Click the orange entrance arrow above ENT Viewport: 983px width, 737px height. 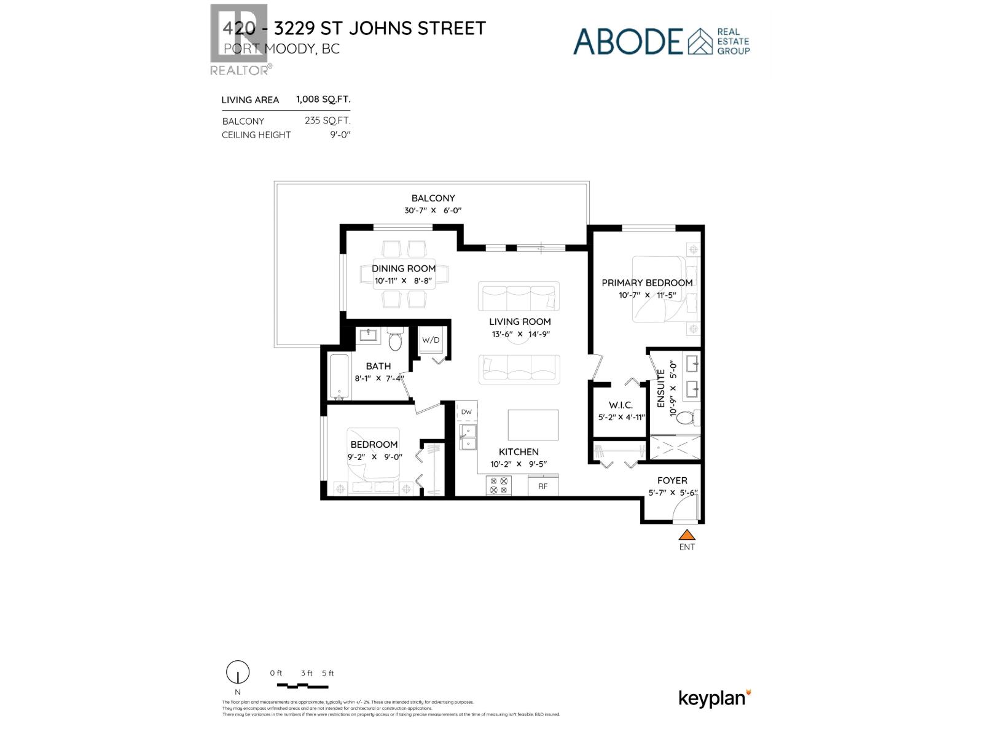point(687,534)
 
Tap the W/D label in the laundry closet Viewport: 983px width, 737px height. point(430,340)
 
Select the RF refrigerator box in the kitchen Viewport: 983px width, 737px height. point(543,486)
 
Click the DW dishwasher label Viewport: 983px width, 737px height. point(467,412)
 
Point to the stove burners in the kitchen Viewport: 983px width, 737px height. point(499,486)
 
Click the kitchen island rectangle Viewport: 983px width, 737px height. point(533,425)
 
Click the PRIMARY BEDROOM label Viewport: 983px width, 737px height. point(647,283)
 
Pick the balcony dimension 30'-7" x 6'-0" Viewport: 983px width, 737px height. point(433,211)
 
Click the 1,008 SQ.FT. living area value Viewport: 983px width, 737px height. point(323,99)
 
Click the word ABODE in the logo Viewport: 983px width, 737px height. point(628,41)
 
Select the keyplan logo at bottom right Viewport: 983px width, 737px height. point(715,698)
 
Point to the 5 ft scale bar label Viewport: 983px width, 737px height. point(327,673)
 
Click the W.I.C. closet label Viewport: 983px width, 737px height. point(621,405)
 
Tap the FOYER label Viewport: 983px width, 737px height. point(672,480)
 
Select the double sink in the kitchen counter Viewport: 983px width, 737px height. point(468,437)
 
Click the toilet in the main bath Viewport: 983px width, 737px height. point(395,340)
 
